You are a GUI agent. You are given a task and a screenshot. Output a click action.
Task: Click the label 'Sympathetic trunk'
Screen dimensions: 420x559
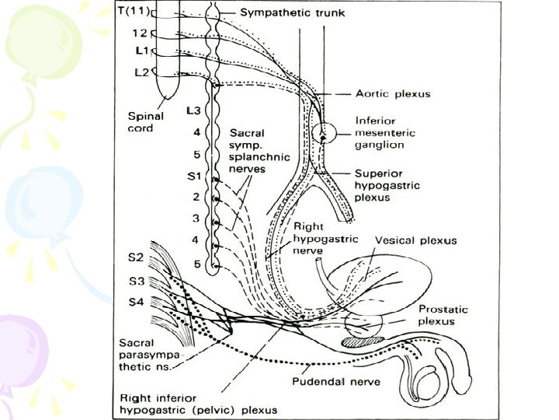(x=280, y=13)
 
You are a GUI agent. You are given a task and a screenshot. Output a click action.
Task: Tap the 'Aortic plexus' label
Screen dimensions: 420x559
(x=393, y=94)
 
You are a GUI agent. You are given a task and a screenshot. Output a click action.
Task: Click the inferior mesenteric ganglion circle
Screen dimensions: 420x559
(x=321, y=135)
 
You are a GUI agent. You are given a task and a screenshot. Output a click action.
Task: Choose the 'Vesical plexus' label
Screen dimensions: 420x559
(x=416, y=240)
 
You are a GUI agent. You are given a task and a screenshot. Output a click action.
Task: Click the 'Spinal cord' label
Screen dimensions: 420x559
(x=145, y=121)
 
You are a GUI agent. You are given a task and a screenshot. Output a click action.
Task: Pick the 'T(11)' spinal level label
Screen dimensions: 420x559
(x=133, y=12)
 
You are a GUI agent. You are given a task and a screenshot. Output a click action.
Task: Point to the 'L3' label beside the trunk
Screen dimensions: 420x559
(x=194, y=111)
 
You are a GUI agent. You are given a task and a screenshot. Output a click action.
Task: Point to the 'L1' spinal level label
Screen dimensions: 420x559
(x=141, y=51)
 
